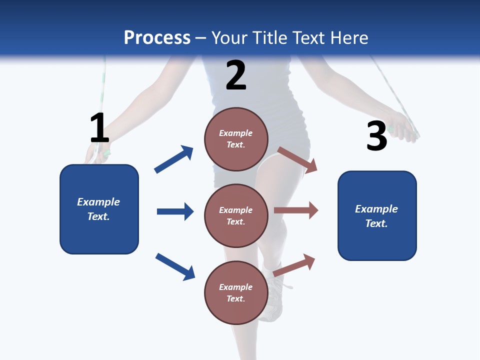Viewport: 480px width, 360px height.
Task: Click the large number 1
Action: (99, 128)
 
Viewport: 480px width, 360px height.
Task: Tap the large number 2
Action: (236, 75)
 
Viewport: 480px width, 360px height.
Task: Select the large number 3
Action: (376, 136)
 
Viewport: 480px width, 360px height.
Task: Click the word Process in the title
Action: (157, 38)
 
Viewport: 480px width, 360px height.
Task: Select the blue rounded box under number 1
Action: (99, 209)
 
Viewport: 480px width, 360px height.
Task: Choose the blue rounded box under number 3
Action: (377, 215)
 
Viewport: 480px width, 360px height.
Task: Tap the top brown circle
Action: (236, 139)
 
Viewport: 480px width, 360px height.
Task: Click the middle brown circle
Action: (236, 215)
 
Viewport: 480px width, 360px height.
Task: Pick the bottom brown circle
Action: (236, 292)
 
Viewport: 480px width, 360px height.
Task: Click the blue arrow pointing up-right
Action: (174, 159)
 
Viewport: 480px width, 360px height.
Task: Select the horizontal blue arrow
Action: (175, 211)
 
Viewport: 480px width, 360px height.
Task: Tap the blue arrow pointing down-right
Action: (175, 266)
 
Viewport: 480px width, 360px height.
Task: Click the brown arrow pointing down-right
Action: (297, 159)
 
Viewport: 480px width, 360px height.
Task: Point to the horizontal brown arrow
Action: (296, 210)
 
